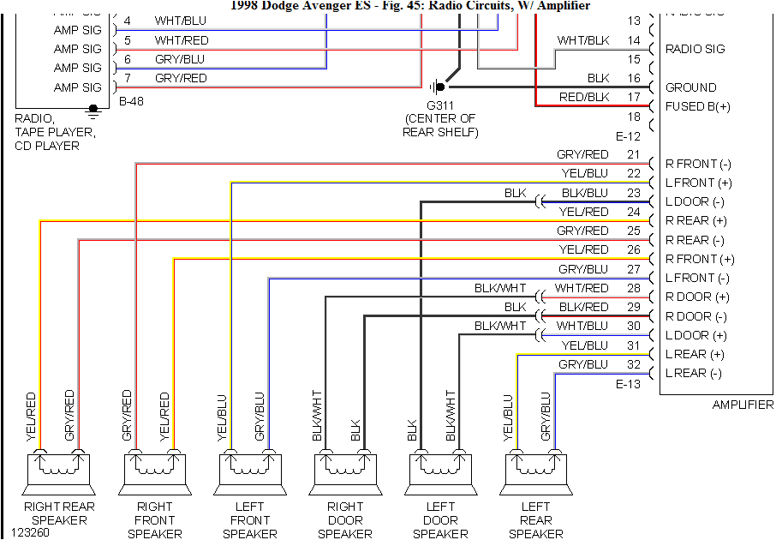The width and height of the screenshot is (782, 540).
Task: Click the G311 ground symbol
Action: pyautogui.click(x=439, y=86)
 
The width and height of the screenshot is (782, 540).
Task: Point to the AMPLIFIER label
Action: pyautogui.click(x=743, y=405)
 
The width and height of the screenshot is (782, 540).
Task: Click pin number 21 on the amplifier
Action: pyautogui.click(x=633, y=154)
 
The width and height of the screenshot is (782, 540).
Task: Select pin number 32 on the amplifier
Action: pyautogui.click(x=633, y=364)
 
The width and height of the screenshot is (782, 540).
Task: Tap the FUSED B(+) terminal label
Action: pyautogui.click(x=698, y=106)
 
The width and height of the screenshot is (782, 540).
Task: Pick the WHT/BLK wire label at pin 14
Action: pyautogui.click(x=582, y=40)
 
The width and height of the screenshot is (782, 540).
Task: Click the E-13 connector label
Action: pyautogui.click(x=629, y=384)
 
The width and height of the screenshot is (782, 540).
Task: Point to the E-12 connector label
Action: pyautogui.click(x=629, y=135)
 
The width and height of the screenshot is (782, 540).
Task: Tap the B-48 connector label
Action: pyautogui.click(x=132, y=101)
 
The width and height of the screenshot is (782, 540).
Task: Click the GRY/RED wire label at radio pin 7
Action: pyautogui.click(x=181, y=78)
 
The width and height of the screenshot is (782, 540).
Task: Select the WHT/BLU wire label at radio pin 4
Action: pyautogui.click(x=181, y=21)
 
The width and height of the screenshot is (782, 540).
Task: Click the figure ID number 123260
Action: pyautogui.click(x=32, y=531)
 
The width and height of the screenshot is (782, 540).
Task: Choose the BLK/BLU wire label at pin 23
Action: pyautogui.click(x=584, y=193)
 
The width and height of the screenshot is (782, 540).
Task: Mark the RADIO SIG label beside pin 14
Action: pyautogui.click(x=695, y=49)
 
